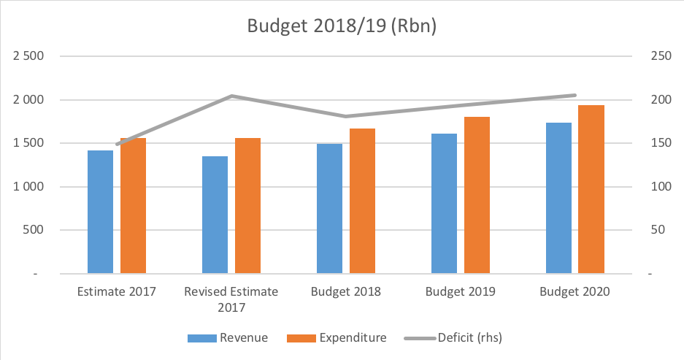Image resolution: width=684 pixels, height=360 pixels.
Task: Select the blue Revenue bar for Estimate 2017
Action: (101, 212)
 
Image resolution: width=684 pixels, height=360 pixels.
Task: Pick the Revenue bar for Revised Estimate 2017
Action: (215, 215)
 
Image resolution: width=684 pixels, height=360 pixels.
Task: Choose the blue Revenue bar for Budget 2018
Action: (329, 209)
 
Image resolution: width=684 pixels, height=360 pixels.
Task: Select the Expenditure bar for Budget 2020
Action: (591, 189)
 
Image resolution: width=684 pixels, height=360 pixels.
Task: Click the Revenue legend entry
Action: (228, 338)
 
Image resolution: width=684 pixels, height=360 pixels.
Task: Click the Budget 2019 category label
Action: (460, 291)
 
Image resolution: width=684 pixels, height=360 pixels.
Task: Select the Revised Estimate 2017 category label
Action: (231, 299)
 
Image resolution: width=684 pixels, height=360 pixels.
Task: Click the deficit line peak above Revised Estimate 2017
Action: (231, 96)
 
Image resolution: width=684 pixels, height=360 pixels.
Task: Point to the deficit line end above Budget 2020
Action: (575, 95)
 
